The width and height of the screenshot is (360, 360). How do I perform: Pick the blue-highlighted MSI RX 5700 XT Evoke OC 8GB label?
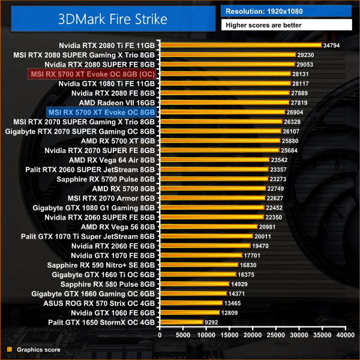[101, 112]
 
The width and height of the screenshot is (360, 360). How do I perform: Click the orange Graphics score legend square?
[9, 349]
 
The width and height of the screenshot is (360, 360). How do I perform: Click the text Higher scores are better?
[263, 25]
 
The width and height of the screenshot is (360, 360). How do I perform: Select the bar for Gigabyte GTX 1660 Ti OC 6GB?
[197, 274]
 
